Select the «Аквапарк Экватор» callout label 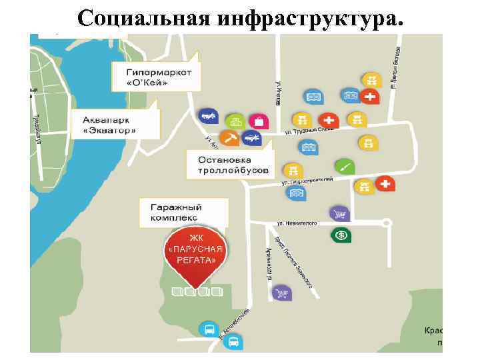coord(109,125)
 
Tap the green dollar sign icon coord(340,235)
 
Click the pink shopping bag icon coord(258,121)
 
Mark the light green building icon coord(234,121)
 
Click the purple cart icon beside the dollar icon coord(339,213)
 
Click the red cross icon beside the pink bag coord(328,120)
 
